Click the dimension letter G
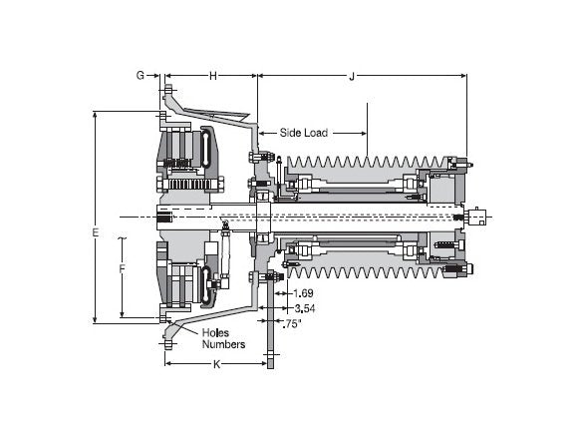click(141, 75)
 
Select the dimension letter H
click(212, 76)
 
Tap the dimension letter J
click(352, 76)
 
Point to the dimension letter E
click(96, 232)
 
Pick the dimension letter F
click(123, 268)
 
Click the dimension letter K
click(217, 364)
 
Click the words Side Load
click(303, 133)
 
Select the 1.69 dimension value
click(303, 293)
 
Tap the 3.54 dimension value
click(305, 308)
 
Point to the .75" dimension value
click(292, 324)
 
